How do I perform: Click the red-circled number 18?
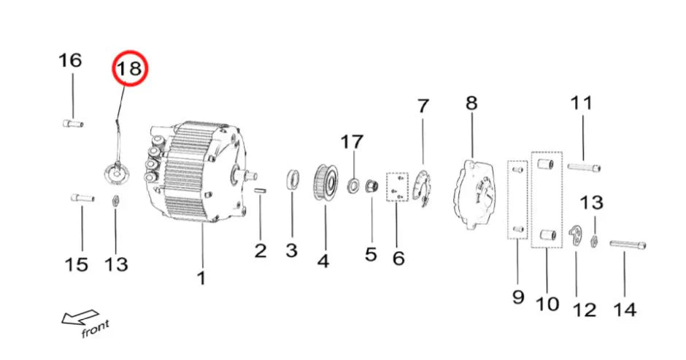[x=130, y=70]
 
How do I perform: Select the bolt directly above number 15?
[x=81, y=197]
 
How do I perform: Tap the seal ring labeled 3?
[x=293, y=180]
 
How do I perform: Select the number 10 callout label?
[x=547, y=303]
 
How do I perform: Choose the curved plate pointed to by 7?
[x=422, y=187]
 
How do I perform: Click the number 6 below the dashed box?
[x=398, y=258]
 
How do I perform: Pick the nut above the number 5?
[x=370, y=186]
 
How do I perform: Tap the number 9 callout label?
[x=518, y=297]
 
